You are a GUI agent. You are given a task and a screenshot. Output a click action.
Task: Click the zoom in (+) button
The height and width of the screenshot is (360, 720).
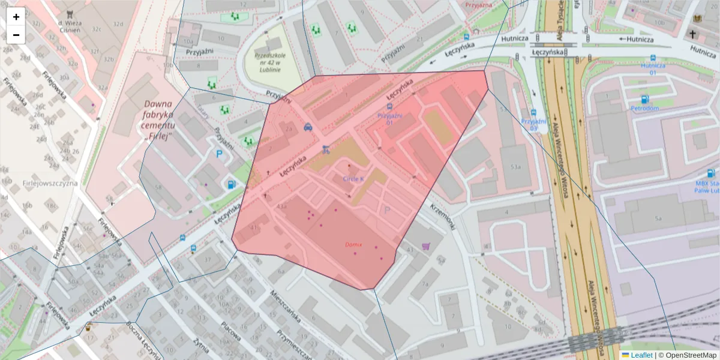(16, 17)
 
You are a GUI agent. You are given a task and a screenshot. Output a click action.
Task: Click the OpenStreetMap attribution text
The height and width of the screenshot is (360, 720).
(688, 355)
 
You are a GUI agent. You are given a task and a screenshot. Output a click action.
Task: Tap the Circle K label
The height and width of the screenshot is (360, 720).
(353, 179)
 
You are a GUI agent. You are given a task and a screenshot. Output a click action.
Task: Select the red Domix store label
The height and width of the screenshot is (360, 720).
(353, 245)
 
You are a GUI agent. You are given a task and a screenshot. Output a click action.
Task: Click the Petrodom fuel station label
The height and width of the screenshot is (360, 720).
(644, 109)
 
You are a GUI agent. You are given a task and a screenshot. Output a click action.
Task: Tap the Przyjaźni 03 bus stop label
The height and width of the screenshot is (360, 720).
(533, 124)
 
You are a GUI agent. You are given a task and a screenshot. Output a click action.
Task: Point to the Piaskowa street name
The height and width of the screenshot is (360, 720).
(230, 332)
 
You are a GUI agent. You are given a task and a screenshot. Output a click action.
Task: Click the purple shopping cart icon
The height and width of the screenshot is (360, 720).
(426, 245)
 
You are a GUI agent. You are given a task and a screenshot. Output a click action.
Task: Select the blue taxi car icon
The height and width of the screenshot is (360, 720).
(308, 127)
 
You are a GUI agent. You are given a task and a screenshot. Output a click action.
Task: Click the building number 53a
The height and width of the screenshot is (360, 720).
(515, 166)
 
